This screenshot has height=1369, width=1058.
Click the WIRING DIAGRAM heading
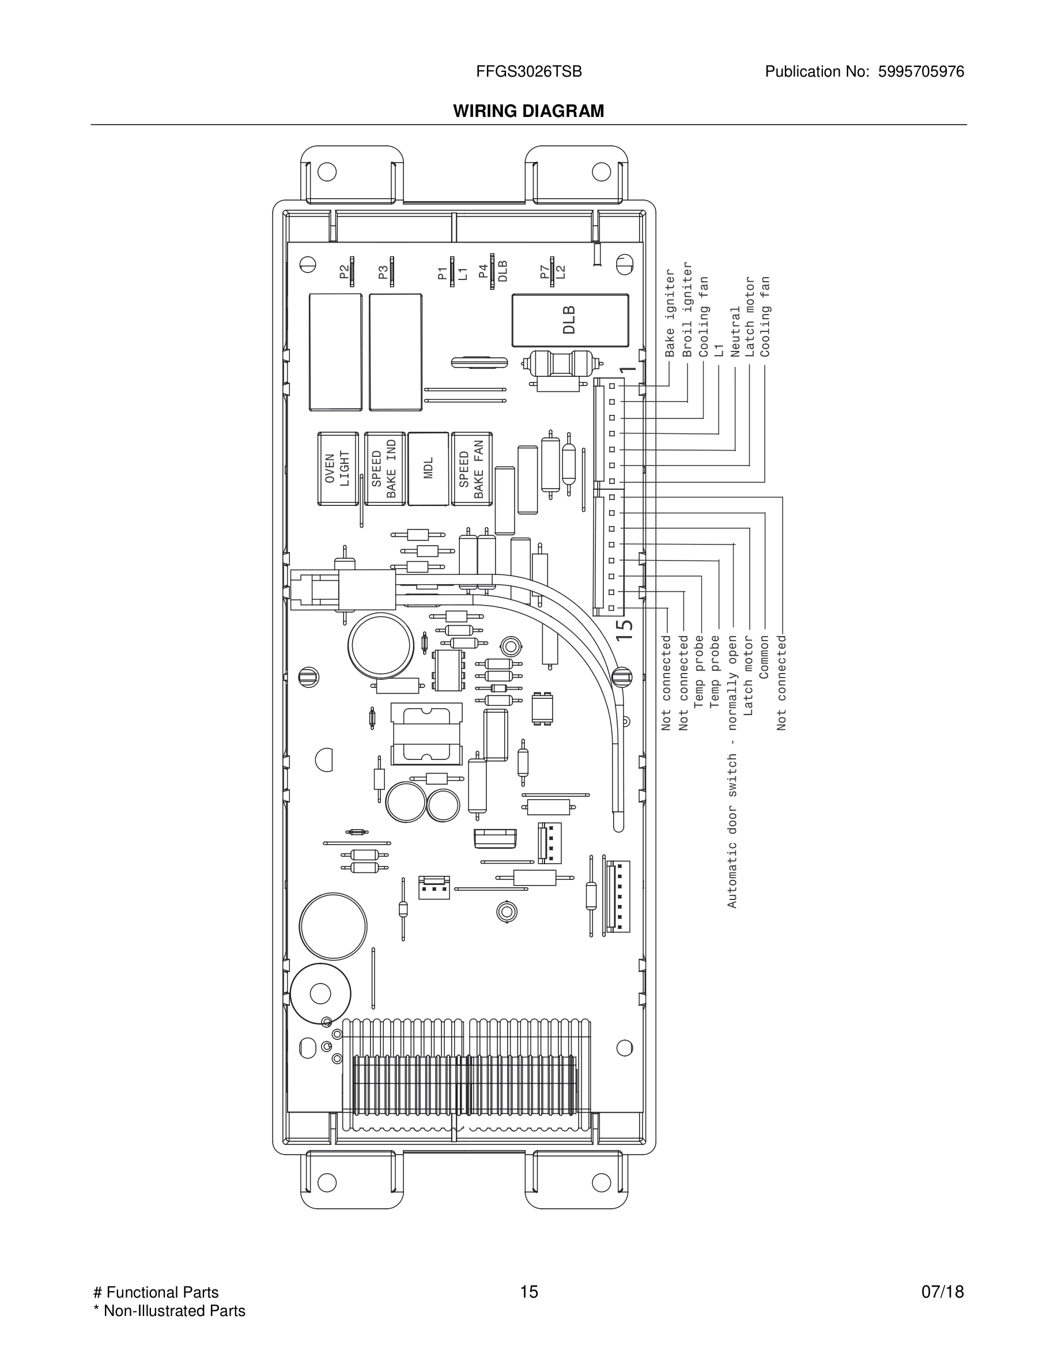(x=528, y=111)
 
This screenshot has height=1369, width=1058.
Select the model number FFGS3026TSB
(x=528, y=72)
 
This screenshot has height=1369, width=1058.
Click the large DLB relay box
(x=570, y=320)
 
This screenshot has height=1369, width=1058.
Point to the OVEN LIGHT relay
(x=338, y=468)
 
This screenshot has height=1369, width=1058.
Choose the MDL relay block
(x=429, y=468)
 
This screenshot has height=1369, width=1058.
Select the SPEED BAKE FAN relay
(x=471, y=468)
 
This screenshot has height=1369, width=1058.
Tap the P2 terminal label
(x=343, y=271)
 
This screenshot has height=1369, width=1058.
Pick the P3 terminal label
(x=383, y=271)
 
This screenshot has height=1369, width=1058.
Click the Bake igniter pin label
(x=670, y=313)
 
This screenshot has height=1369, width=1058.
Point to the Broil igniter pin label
(x=687, y=309)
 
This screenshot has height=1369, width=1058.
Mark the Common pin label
(x=764, y=657)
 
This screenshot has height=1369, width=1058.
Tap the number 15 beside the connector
(x=624, y=629)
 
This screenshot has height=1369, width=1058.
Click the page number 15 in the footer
(x=528, y=1292)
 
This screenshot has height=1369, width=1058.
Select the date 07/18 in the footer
(x=942, y=1292)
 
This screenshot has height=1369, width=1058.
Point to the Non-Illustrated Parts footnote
(x=169, y=1311)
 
